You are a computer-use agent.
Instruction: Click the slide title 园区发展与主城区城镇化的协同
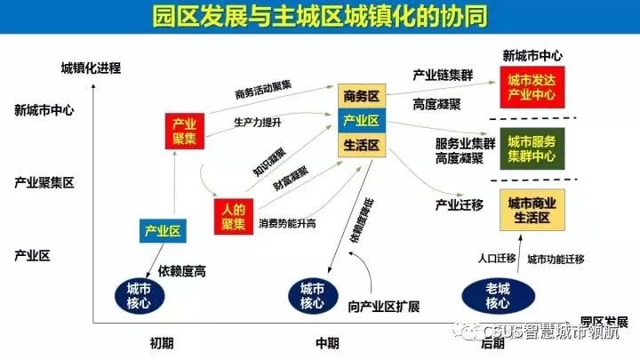(x=320, y=18)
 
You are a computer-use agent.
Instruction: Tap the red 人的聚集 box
(x=234, y=214)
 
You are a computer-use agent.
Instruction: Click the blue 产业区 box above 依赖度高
(x=163, y=232)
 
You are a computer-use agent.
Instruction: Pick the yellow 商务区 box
(x=362, y=95)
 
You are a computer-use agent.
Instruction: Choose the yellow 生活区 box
(x=362, y=145)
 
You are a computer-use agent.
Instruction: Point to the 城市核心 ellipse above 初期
(x=139, y=296)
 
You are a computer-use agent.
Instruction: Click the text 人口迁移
(x=496, y=259)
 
